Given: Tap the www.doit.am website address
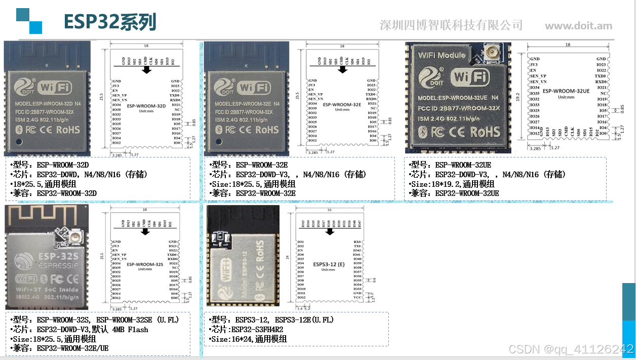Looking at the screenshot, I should click(x=578, y=26).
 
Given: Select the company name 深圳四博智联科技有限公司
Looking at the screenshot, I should click(x=451, y=25).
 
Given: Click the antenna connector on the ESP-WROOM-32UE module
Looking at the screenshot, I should click(x=491, y=51).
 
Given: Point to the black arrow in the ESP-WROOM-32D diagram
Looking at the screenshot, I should click(x=147, y=70).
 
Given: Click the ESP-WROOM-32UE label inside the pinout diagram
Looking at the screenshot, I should click(x=566, y=91).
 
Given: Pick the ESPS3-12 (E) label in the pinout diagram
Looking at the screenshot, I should click(x=329, y=264).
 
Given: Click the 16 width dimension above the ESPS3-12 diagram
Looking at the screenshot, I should click(x=330, y=210).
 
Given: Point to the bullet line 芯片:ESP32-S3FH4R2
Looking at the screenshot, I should click(x=247, y=330).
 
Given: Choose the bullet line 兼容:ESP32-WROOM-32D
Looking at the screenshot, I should click(x=54, y=193).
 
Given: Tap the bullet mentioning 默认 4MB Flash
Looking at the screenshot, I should click(x=80, y=330).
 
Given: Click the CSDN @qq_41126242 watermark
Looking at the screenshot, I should click(x=571, y=349).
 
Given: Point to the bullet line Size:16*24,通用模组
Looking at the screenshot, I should click(x=248, y=339).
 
